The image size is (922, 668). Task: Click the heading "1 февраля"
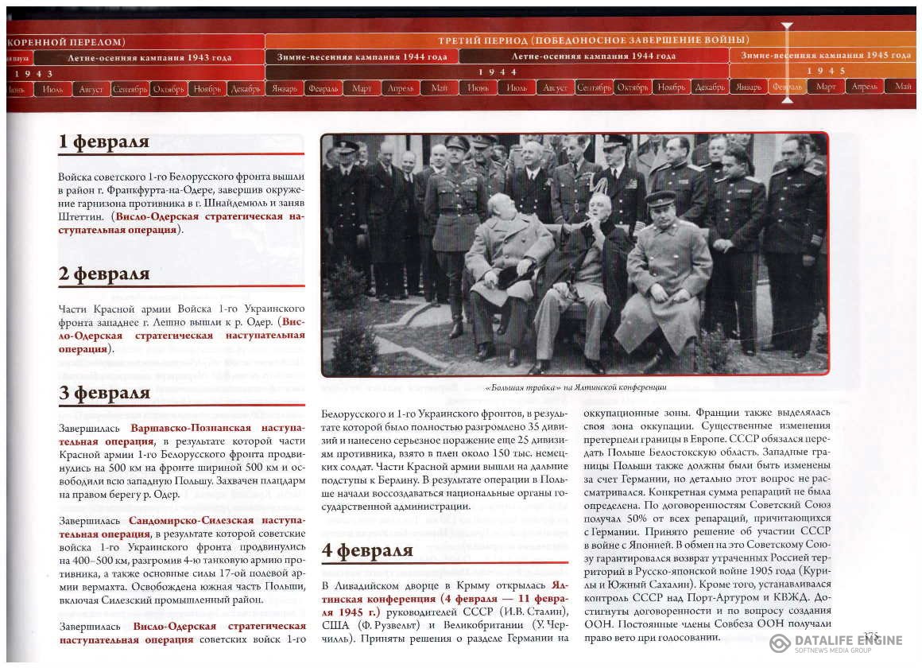tap(104, 142)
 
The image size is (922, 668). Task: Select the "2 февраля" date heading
tap(104, 274)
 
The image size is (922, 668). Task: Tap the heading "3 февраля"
tap(104, 394)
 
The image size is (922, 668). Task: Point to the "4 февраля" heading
tap(367, 551)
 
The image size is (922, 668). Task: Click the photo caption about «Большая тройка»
tap(575, 387)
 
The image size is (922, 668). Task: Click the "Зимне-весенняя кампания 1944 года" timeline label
tap(362, 56)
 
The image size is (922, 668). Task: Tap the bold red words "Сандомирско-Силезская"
tap(193, 520)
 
